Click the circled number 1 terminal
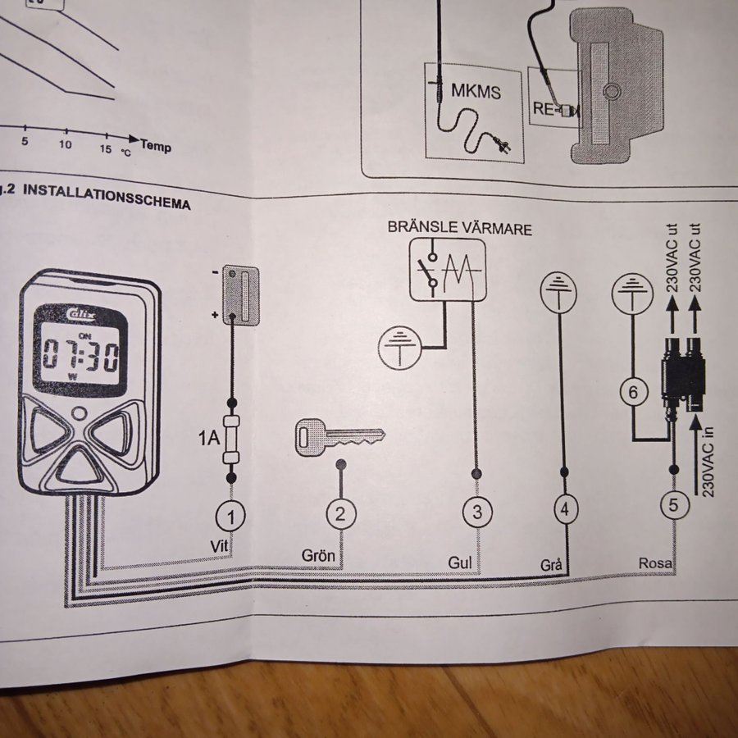pos(231,516)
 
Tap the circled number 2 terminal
pos(341,514)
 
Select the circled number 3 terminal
pos(477,512)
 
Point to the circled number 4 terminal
pos(564,509)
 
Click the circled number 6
pos(632,393)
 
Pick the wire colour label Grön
pos(319,556)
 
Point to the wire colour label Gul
pos(460,563)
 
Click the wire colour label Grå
pos(551,565)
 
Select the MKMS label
pos(476,91)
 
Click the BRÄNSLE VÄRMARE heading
pos(460,228)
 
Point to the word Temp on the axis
pos(156,146)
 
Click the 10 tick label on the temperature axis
pos(66,145)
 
